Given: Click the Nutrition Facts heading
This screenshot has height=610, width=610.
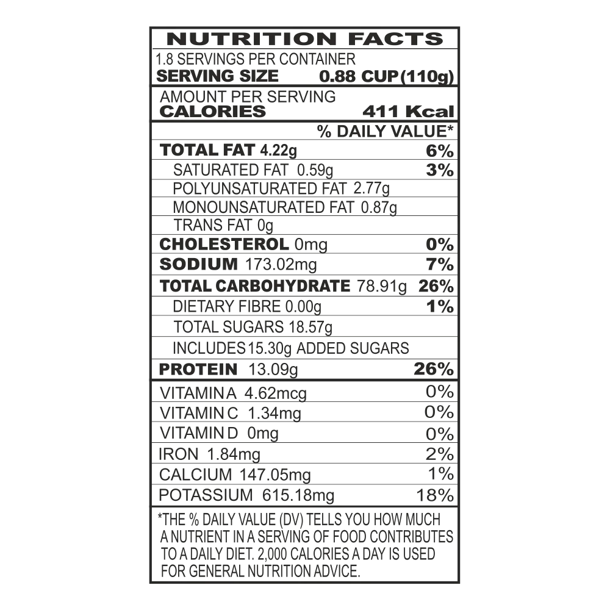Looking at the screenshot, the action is point(305,39).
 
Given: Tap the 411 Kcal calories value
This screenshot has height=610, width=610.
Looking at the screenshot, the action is point(408,112).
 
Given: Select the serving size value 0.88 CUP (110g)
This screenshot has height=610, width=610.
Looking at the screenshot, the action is point(386,76).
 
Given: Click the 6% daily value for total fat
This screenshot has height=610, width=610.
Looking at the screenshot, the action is point(440,151).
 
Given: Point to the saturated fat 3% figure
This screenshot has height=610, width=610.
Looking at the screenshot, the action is point(440,170).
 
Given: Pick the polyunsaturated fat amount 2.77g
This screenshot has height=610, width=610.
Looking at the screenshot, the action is point(371,188).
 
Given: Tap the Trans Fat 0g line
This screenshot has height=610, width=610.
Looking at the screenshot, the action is point(223,225).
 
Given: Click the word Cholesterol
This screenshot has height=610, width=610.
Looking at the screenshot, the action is point(224,245).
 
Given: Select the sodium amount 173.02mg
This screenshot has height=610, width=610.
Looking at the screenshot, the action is point(281,265).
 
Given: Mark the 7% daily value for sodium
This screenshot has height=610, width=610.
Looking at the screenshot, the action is point(440,265).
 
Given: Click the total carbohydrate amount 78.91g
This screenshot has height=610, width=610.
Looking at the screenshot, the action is point(382,286).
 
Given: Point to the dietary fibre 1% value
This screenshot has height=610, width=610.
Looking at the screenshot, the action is point(440,307).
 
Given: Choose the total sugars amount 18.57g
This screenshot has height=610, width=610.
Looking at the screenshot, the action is point(310,327).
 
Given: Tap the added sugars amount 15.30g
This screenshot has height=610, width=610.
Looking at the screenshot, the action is point(269,348).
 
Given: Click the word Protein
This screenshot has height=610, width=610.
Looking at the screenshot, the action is point(198,370).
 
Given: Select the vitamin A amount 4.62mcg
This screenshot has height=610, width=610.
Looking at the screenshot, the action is point(276,393).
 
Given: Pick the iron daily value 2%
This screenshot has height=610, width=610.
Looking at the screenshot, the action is point(440,454).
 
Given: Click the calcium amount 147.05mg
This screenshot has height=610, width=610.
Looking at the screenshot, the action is point(275,475).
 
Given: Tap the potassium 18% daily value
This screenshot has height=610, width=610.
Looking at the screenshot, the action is point(435,495).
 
